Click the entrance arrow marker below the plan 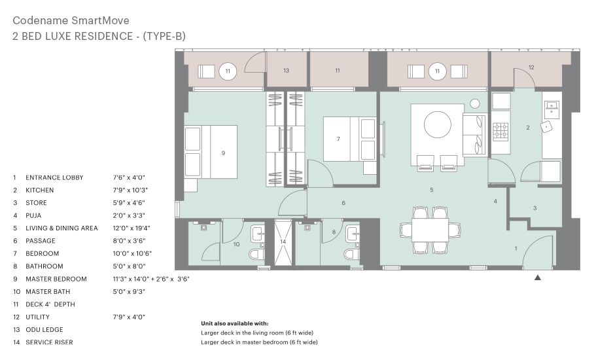click(x=538, y=278)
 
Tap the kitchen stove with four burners click(x=500, y=131)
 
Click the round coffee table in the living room click(x=438, y=124)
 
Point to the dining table click(x=430, y=230)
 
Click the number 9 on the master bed click(x=223, y=153)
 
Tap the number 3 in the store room click(x=535, y=208)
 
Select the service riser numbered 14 click(x=283, y=242)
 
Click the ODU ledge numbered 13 click(x=286, y=70)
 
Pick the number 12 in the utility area click(x=531, y=67)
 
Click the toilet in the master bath click(x=257, y=254)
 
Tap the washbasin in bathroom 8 click(x=353, y=234)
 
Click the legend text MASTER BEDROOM click(x=56, y=279)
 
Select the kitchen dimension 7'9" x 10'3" click(x=130, y=190)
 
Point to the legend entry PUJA click(x=33, y=215)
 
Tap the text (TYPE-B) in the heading click(x=164, y=36)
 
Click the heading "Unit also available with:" click(x=234, y=323)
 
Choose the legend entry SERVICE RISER click(x=50, y=342)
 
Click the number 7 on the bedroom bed click(x=338, y=139)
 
